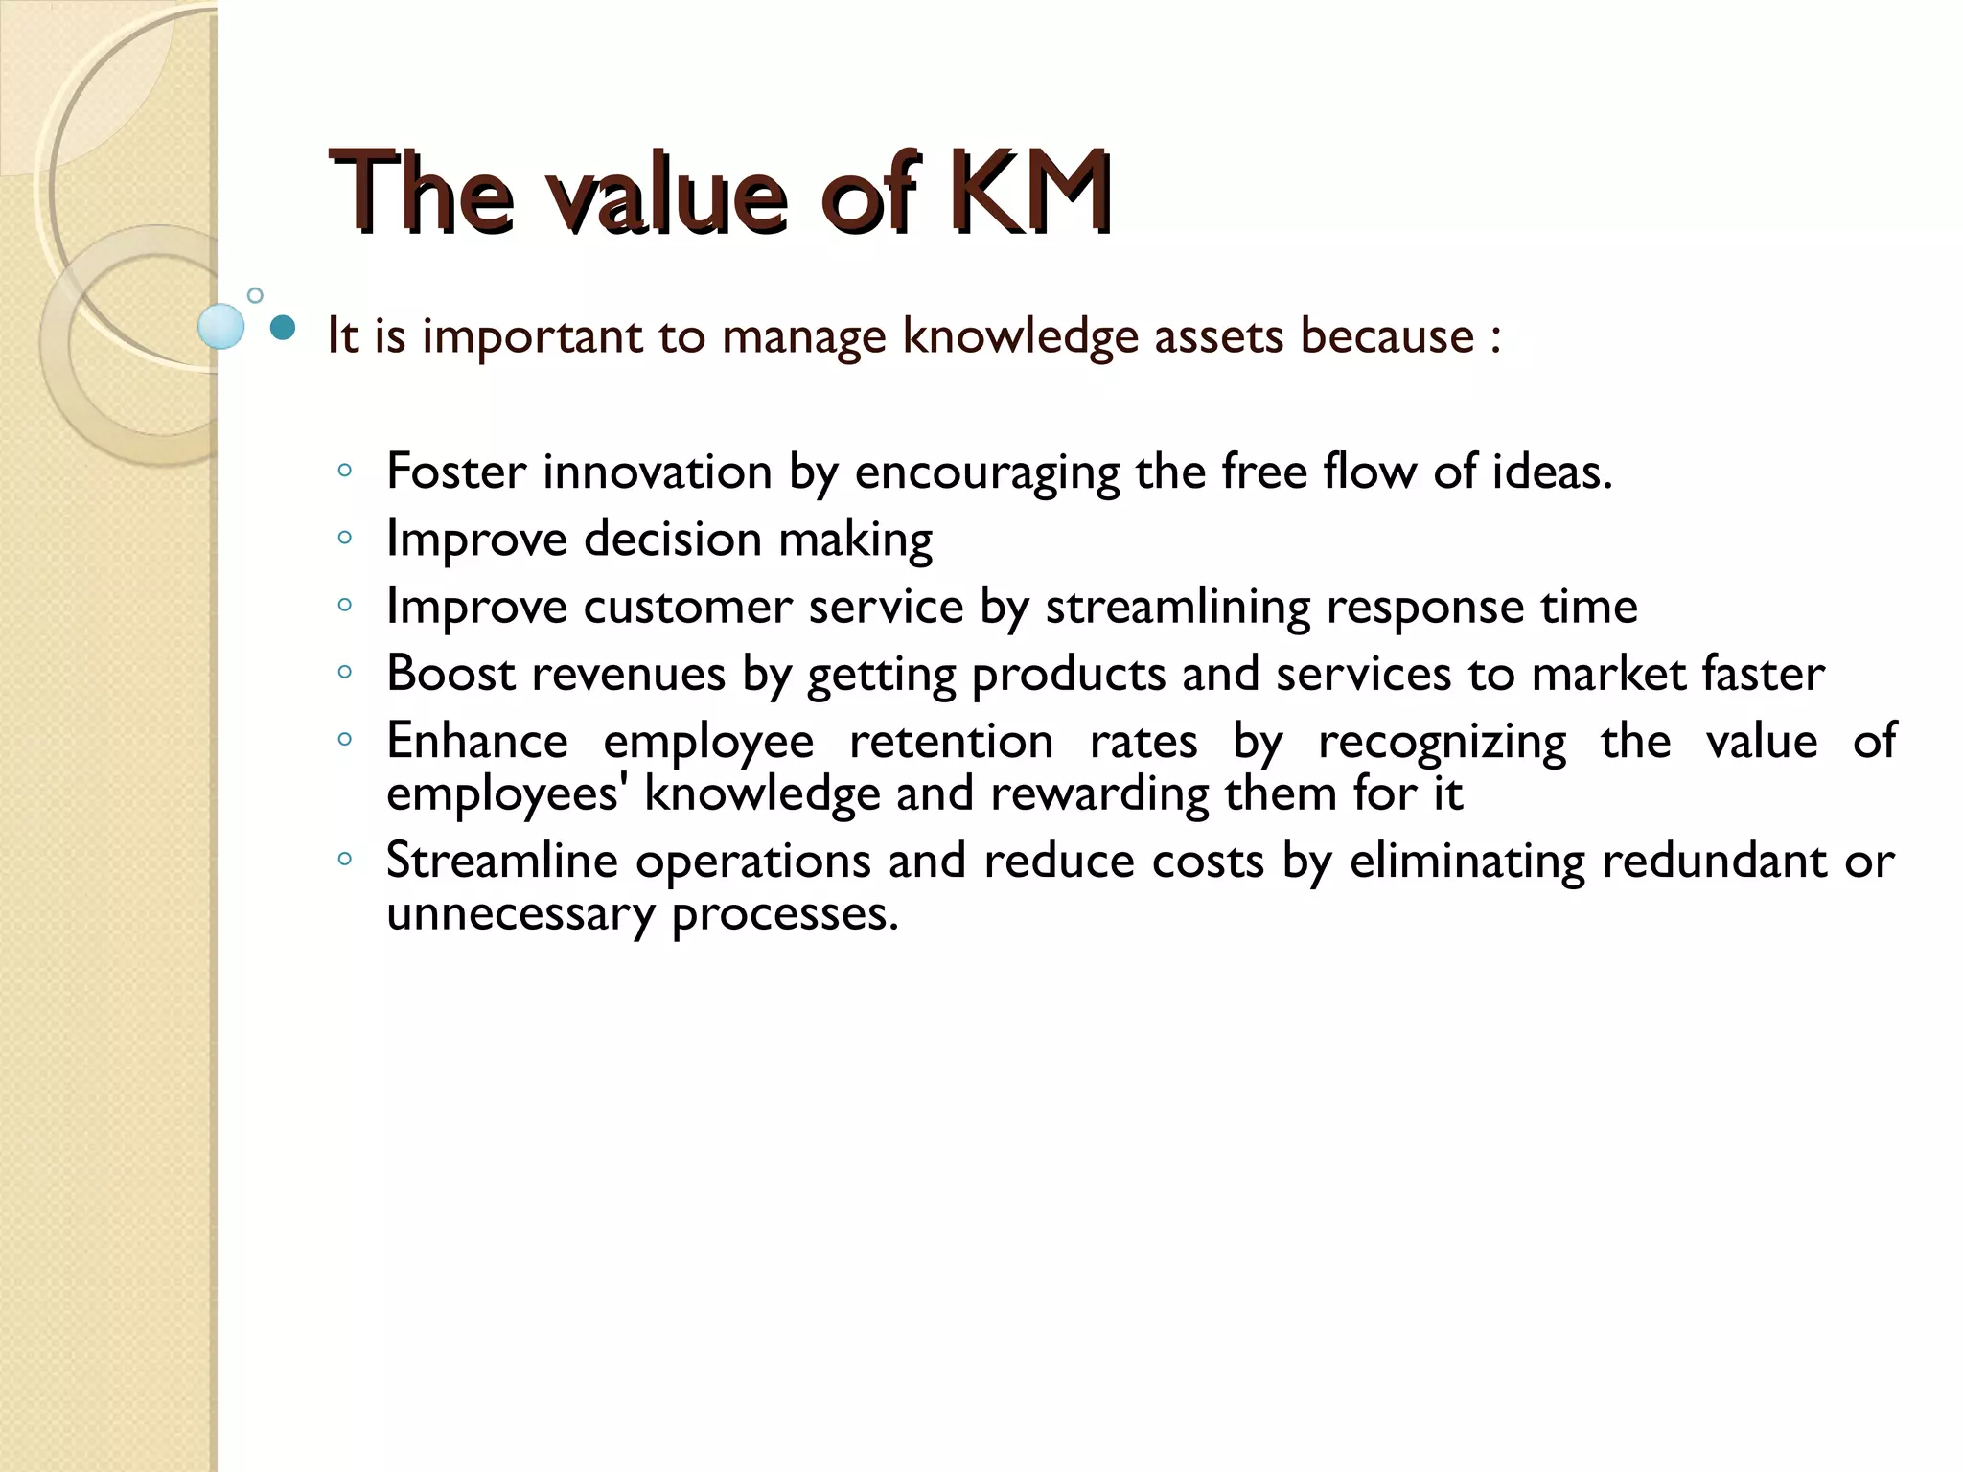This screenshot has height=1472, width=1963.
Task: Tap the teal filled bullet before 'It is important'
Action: [x=283, y=329]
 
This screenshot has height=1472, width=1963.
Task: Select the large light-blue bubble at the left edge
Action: [x=221, y=326]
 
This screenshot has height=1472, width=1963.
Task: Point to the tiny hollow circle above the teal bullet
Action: [x=255, y=295]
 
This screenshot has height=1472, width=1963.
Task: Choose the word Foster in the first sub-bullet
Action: [x=456, y=471]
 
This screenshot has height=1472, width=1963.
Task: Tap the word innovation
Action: [x=658, y=471]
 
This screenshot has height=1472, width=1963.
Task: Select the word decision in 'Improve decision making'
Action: [x=673, y=539]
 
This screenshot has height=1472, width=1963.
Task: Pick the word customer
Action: [x=689, y=607]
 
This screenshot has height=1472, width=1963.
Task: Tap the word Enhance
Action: [x=476, y=741]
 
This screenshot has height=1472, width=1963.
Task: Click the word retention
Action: [x=951, y=741]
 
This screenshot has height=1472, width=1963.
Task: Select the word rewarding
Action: [x=1099, y=793]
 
